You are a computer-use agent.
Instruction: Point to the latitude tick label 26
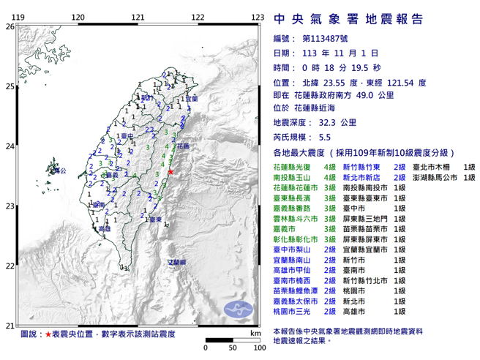10,27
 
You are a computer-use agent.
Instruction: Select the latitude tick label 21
10,326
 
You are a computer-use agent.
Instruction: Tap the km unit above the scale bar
254,333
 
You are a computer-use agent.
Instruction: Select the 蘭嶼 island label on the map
178,261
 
